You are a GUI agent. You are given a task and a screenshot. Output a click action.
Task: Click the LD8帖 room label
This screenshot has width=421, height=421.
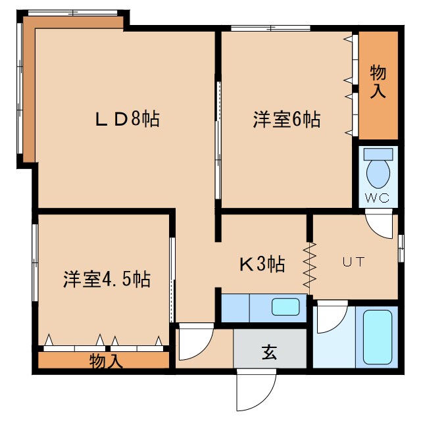128,120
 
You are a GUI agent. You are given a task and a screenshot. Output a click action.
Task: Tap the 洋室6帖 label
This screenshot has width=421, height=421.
287,120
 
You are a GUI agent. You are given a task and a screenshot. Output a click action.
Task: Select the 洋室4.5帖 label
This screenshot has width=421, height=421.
107,279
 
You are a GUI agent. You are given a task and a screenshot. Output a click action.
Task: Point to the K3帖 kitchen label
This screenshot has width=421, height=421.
261,264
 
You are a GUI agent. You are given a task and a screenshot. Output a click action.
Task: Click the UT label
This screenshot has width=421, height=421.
352,261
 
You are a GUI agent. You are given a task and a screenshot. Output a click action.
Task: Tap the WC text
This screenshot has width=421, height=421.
378,198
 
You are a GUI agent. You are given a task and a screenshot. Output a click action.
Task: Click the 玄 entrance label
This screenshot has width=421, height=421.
270,353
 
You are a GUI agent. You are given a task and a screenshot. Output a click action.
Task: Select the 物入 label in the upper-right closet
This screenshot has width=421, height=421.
378,82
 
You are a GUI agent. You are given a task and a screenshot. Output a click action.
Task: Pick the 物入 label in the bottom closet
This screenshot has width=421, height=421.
105,360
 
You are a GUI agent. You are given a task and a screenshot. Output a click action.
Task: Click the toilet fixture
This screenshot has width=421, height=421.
378,170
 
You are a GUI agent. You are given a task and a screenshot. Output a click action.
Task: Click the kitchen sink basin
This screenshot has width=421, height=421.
285,307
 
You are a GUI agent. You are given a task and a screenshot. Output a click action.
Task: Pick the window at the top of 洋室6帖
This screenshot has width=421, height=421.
270,28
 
